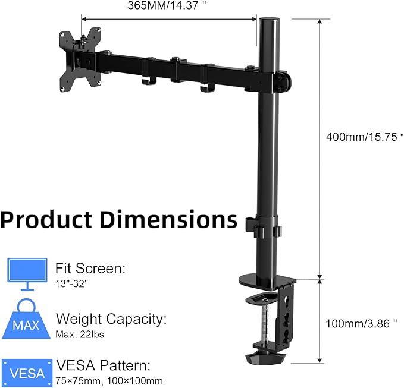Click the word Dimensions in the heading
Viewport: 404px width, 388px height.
pyautogui.click(x=168, y=219)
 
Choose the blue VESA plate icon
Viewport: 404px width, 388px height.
pyautogui.click(x=27, y=372)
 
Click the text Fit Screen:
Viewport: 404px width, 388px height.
pyautogui.click(x=90, y=269)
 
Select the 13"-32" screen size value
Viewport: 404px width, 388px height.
pyautogui.click(x=71, y=284)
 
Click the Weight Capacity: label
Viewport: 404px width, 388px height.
pyautogui.click(x=111, y=318)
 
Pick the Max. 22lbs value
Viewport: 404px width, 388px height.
pyautogui.click(x=80, y=335)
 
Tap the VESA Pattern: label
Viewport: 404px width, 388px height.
pyautogui.click(x=103, y=365)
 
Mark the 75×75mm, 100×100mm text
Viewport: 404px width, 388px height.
pyautogui.click(x=109, y=381)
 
